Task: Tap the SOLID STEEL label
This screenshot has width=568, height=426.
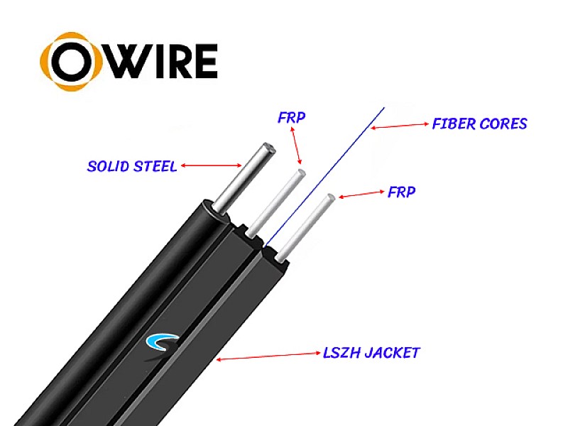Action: pyautogui.click(x=132, y=166)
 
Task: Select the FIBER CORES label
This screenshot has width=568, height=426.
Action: pyautogui.click(x=480, y=124)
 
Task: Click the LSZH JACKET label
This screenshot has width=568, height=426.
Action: pyautogui.click(x=371, y=352)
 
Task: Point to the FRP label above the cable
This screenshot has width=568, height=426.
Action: pyautogui.click(x=292, y=117)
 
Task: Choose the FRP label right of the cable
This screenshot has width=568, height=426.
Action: pyautogui.click(x=401, y=192)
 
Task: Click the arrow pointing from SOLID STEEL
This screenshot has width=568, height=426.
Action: pyautogui.click(x=211, y=165)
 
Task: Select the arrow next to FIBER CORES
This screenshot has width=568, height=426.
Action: pyautogui.click(x=400, y=126)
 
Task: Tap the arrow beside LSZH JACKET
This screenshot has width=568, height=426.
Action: pyautogui.click(x=268, y=356)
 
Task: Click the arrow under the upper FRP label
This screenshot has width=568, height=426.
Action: pyautogui.click(x=295, y=146)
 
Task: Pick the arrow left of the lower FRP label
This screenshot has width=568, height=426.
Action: pyautogui.click(x=361, y=195)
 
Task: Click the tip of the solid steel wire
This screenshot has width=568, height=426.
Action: pyautogui.click(x=269, y=148)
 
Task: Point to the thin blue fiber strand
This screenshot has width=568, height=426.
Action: pyautogui.click(x=325, y=177)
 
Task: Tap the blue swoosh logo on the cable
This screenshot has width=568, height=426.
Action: pyautogui.click(x=162, y=342)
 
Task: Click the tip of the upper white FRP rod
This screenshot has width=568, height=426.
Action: pyautogui.click(x=301, y=173)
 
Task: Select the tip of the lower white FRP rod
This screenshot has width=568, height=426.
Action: pyautogui.click(x=331, y=198)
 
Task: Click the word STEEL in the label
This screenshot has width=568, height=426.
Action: pyautogui.click(x=155, y=166)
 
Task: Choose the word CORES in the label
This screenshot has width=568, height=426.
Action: pyautogui.click(x=503, y=124)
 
